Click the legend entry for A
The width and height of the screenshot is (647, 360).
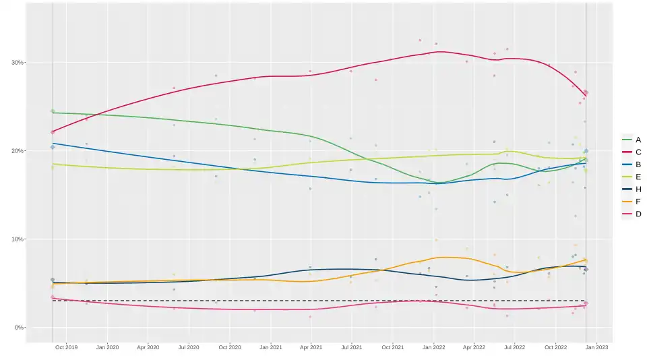633,140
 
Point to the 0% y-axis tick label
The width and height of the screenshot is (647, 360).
19,328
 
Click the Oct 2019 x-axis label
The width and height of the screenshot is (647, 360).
67,348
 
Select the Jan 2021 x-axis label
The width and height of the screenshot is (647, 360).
270,348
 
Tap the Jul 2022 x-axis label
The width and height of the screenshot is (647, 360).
515,348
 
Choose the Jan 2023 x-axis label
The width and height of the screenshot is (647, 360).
596,348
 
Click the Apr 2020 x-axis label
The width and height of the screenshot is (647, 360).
148,348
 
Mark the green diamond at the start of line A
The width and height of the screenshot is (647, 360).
53,111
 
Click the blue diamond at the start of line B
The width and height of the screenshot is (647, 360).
53,147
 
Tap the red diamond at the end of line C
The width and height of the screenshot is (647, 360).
586,92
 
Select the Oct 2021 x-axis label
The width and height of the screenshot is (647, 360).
393,348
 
